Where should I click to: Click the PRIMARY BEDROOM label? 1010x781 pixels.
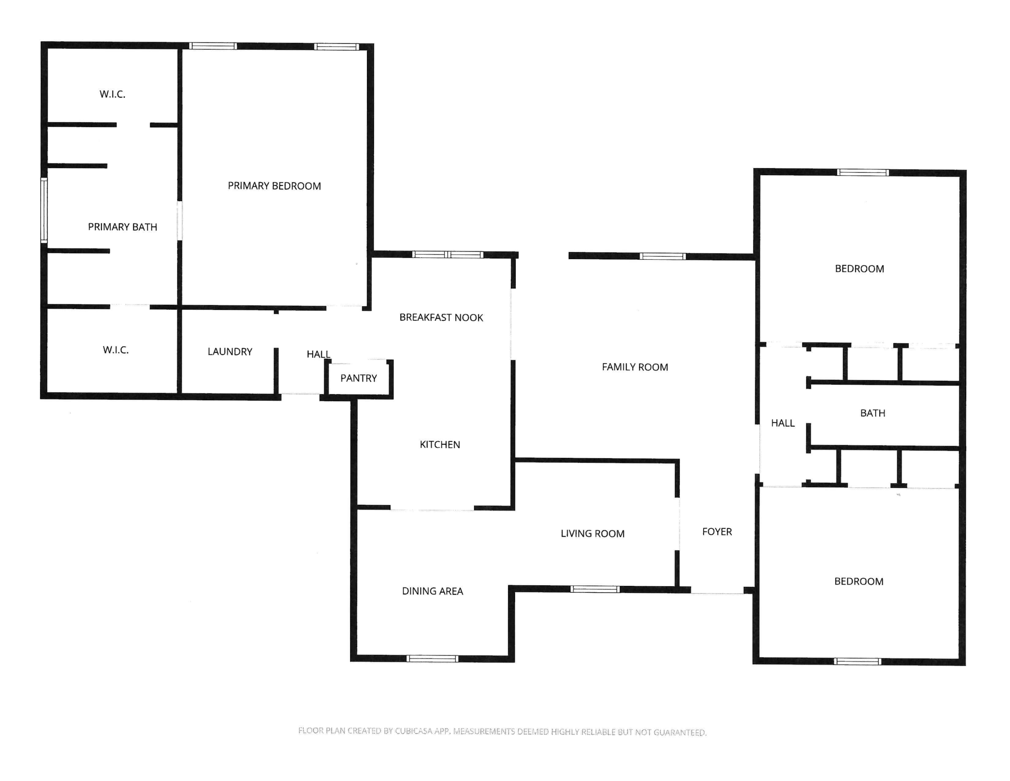(274, 186)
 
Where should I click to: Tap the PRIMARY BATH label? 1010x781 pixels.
(123, 227)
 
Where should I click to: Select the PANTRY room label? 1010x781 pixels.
(359, 378)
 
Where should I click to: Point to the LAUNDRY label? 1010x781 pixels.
(230, 352)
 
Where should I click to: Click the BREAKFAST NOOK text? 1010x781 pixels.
(441, 317)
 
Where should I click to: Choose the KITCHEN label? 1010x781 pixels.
(440, 445)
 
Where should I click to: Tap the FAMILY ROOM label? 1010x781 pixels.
(635, 367)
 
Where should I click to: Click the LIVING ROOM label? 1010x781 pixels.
(593, 533)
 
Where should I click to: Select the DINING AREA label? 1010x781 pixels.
(432, 591)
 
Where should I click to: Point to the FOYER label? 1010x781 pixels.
(717, 532)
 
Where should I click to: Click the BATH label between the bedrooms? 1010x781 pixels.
(873, 413)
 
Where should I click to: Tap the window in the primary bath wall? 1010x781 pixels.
(44, 210)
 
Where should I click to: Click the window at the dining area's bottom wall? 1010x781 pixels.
(432, 659)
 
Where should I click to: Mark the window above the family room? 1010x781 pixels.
(663, 256)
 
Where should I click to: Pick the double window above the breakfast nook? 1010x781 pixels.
(448, 254)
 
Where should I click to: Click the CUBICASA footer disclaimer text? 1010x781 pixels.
(502, 731)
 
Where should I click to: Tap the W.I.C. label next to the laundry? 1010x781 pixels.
(115, 350)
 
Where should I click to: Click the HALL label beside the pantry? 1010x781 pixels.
(318, 354)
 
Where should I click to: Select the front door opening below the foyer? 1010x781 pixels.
(717, 593)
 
